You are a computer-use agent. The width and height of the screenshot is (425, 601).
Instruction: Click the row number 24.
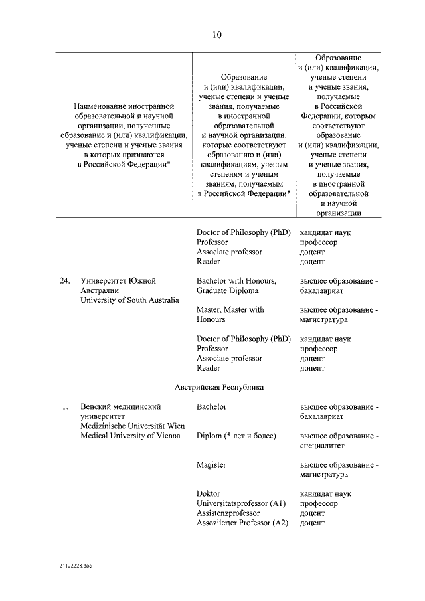64,281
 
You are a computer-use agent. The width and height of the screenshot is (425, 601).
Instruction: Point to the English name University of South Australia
129,300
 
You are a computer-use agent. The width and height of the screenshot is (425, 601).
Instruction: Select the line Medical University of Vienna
129,436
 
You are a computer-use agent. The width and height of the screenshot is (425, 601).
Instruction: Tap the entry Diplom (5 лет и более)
236,436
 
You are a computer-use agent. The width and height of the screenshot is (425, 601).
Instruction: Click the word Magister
211,465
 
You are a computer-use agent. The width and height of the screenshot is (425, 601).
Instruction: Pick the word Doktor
208,494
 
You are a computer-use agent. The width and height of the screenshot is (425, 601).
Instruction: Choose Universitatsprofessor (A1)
241,504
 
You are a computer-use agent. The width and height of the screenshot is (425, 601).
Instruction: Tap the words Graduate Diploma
228,290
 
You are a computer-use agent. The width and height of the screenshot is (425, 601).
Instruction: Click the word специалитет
323,446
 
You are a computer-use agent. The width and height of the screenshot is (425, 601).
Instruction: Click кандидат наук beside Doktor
325,494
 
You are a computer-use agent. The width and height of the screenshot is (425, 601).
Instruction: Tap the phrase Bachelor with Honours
236,281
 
